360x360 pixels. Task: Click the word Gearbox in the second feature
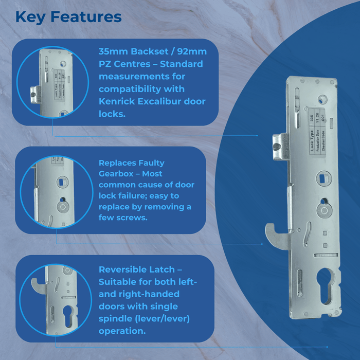(x=117, y=174)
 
